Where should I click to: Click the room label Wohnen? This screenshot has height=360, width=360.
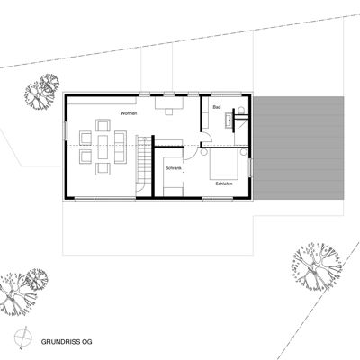point(129,113)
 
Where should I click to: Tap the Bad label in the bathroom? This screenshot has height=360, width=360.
point(216,107)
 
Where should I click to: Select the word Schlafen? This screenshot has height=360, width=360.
point(224,184)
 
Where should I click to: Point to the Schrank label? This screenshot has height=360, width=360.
point(174,168)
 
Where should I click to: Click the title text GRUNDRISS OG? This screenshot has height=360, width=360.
point(67,342)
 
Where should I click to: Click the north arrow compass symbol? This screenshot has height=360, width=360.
point(23,338)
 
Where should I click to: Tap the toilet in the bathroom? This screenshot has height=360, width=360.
point(241,111)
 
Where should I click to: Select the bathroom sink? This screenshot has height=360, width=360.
point(229,121)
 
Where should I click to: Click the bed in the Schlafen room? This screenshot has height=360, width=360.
point(224,164)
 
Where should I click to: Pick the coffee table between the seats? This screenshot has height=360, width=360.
point(103,147)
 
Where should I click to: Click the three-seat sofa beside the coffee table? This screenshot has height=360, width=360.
point(121,147)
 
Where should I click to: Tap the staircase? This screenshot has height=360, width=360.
point(143,165)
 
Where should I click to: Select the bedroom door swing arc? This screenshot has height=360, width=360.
point(192,156)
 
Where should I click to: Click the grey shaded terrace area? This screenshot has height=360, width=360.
point(299,148)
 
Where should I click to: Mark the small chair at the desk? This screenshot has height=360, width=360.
point(169,112)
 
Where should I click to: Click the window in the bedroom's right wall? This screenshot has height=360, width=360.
point(249,167)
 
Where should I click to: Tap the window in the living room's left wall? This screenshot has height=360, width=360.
point(66,130)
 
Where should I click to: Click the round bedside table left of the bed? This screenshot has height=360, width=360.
point(204,152)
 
